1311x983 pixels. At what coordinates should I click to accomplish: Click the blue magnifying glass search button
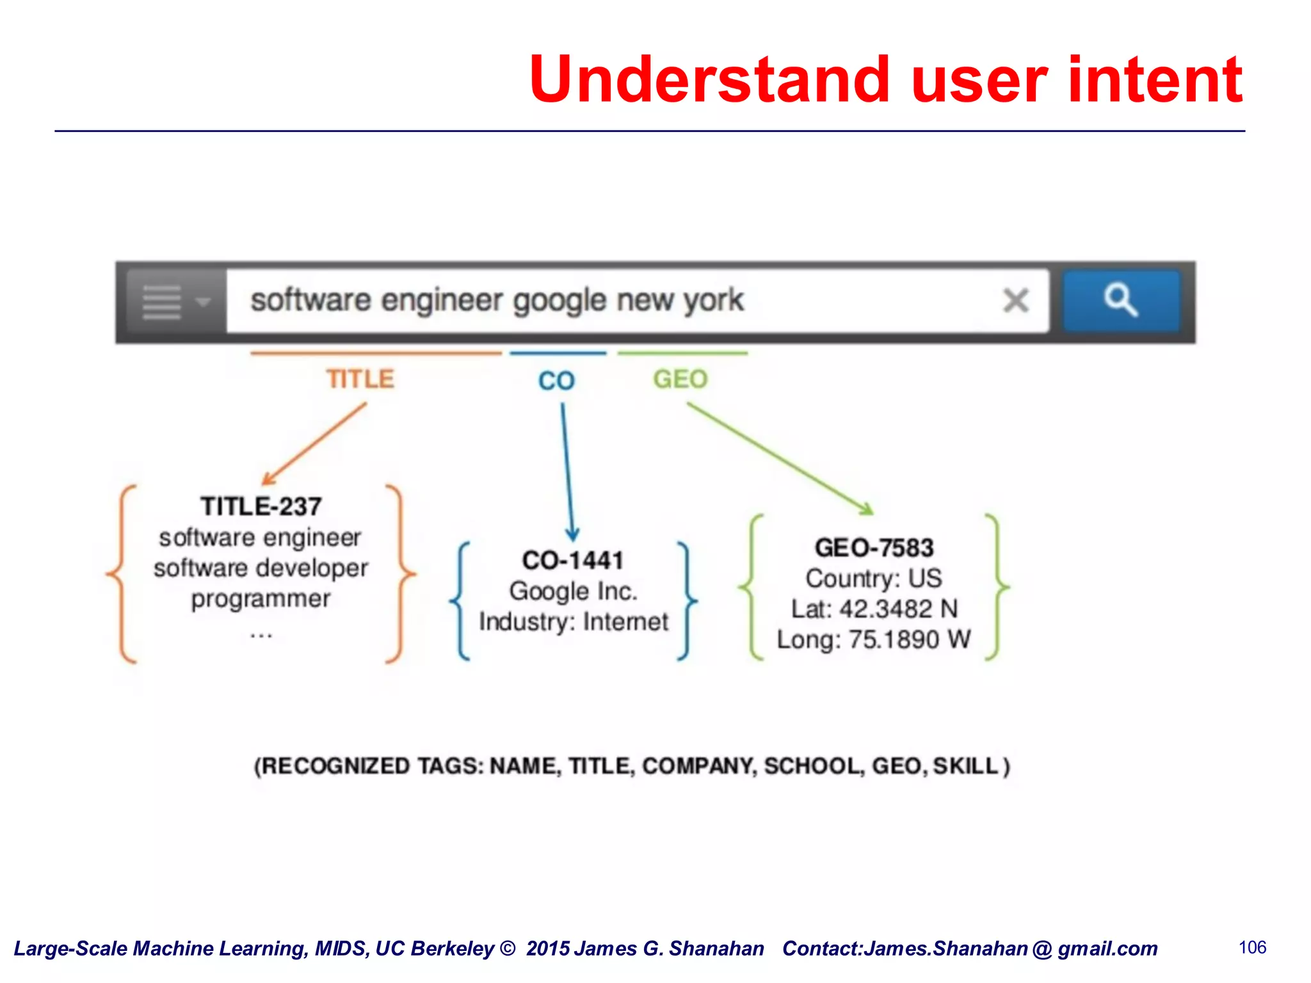click(1121, 301)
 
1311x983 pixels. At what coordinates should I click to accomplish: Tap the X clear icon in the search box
click(1015, 300)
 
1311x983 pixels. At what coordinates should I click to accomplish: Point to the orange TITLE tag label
click(360, 379)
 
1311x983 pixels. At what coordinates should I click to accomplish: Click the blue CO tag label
click(556, 381)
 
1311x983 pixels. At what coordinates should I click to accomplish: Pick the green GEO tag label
click(680, 380)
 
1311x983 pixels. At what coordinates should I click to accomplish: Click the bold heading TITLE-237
click(261, 507)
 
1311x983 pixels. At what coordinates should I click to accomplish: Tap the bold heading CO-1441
click(572, 561)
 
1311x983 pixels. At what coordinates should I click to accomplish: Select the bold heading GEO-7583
click(874, 548)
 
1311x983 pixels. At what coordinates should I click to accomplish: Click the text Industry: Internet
click(574, 621)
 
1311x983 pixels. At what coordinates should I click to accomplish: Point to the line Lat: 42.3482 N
click(874, 609)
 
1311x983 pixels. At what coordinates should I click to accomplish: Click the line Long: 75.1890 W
click(874, 639)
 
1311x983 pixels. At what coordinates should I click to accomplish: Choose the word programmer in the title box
click(261, 599)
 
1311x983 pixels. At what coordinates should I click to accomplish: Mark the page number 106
click(1252, 948)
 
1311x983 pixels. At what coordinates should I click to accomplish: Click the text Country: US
click(874, 579)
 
